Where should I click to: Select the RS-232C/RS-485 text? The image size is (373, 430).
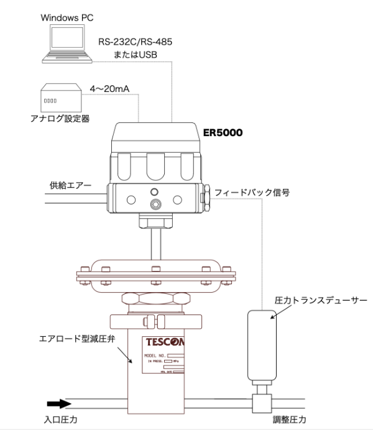click(135, 42)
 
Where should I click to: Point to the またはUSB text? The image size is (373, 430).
click(136, 54)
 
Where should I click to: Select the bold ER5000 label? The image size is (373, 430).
click(223, 133)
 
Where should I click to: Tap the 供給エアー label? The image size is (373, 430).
click(69, 185)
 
